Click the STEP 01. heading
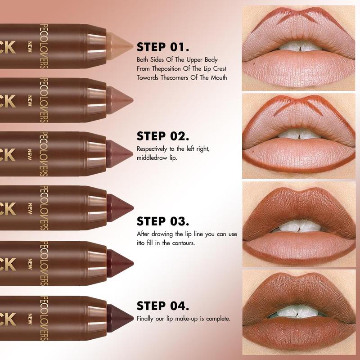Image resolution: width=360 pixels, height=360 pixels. click(x=162, y=48)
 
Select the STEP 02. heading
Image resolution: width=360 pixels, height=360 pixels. click(x=163, y=136)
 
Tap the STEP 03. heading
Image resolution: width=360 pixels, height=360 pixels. click(x=163, y=221)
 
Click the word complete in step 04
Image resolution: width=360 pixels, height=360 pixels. click(x=219, y=319)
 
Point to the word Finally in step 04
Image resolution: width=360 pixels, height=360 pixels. click(x=145, y=319)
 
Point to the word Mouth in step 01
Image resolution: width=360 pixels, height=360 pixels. click(x=217, y=77)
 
